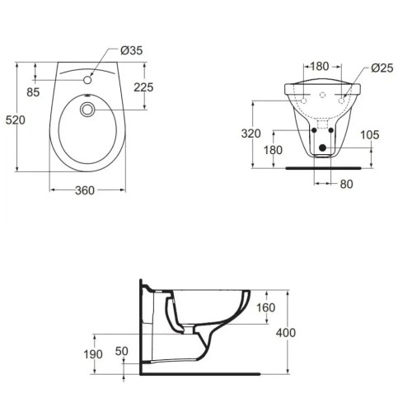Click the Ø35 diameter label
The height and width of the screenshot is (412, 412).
point(132,51)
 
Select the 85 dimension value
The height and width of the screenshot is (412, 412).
point(33,92)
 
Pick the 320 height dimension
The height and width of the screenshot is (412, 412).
point(252,133)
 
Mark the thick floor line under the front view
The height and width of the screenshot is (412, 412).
point(321,166)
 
